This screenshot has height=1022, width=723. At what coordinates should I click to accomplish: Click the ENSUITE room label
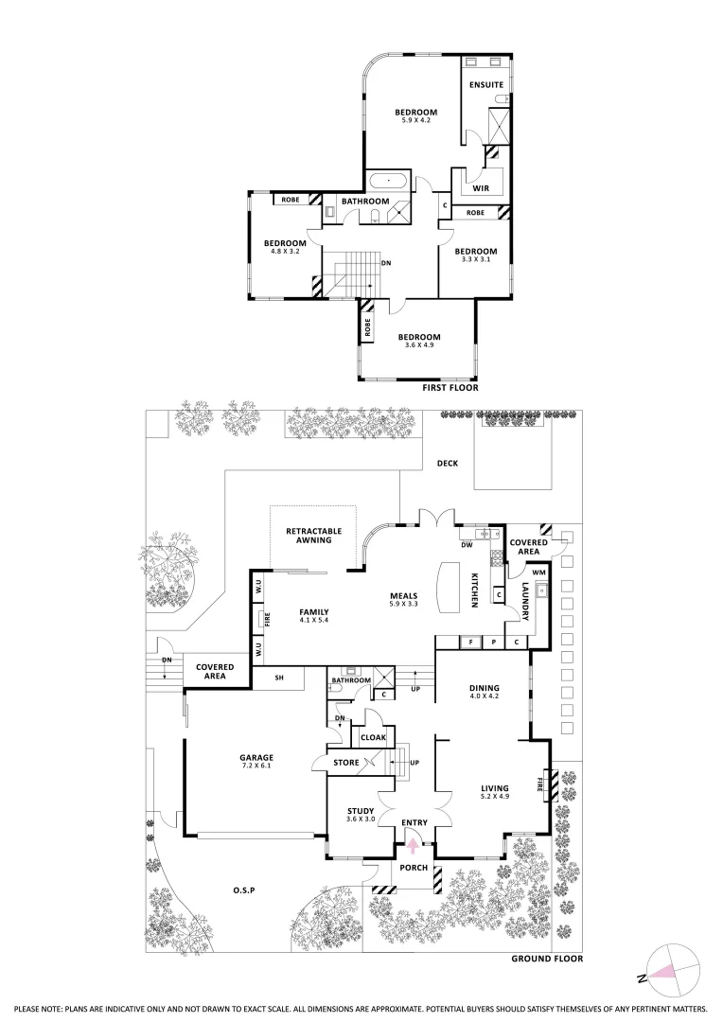click(486, 85)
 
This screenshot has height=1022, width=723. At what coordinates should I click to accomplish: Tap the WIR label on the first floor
click(480, 188)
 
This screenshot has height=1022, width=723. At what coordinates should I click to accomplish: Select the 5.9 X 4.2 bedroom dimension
click(416, 121)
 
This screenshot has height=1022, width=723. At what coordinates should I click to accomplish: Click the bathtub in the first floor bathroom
click(388, 182)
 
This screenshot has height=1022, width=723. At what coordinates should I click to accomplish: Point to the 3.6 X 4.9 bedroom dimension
click(418, 346)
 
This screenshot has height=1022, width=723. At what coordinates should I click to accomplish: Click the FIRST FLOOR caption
click(450, 387)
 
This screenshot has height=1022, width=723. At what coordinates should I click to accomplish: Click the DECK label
click(448, 464)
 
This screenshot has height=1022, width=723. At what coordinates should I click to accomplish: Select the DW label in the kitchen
click(467, 545)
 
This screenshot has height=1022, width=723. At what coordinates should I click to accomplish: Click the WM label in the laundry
click(539, 572)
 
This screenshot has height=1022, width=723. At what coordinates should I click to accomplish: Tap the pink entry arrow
click(413, 845)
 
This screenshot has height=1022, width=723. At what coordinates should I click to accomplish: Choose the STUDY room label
click(361, 811)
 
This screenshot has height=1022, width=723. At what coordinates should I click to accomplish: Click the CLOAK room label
click(371, 738)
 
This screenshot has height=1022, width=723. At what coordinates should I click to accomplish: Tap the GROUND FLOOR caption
click(547, 959)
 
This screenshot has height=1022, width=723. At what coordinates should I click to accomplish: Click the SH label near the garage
click(280, 678)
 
